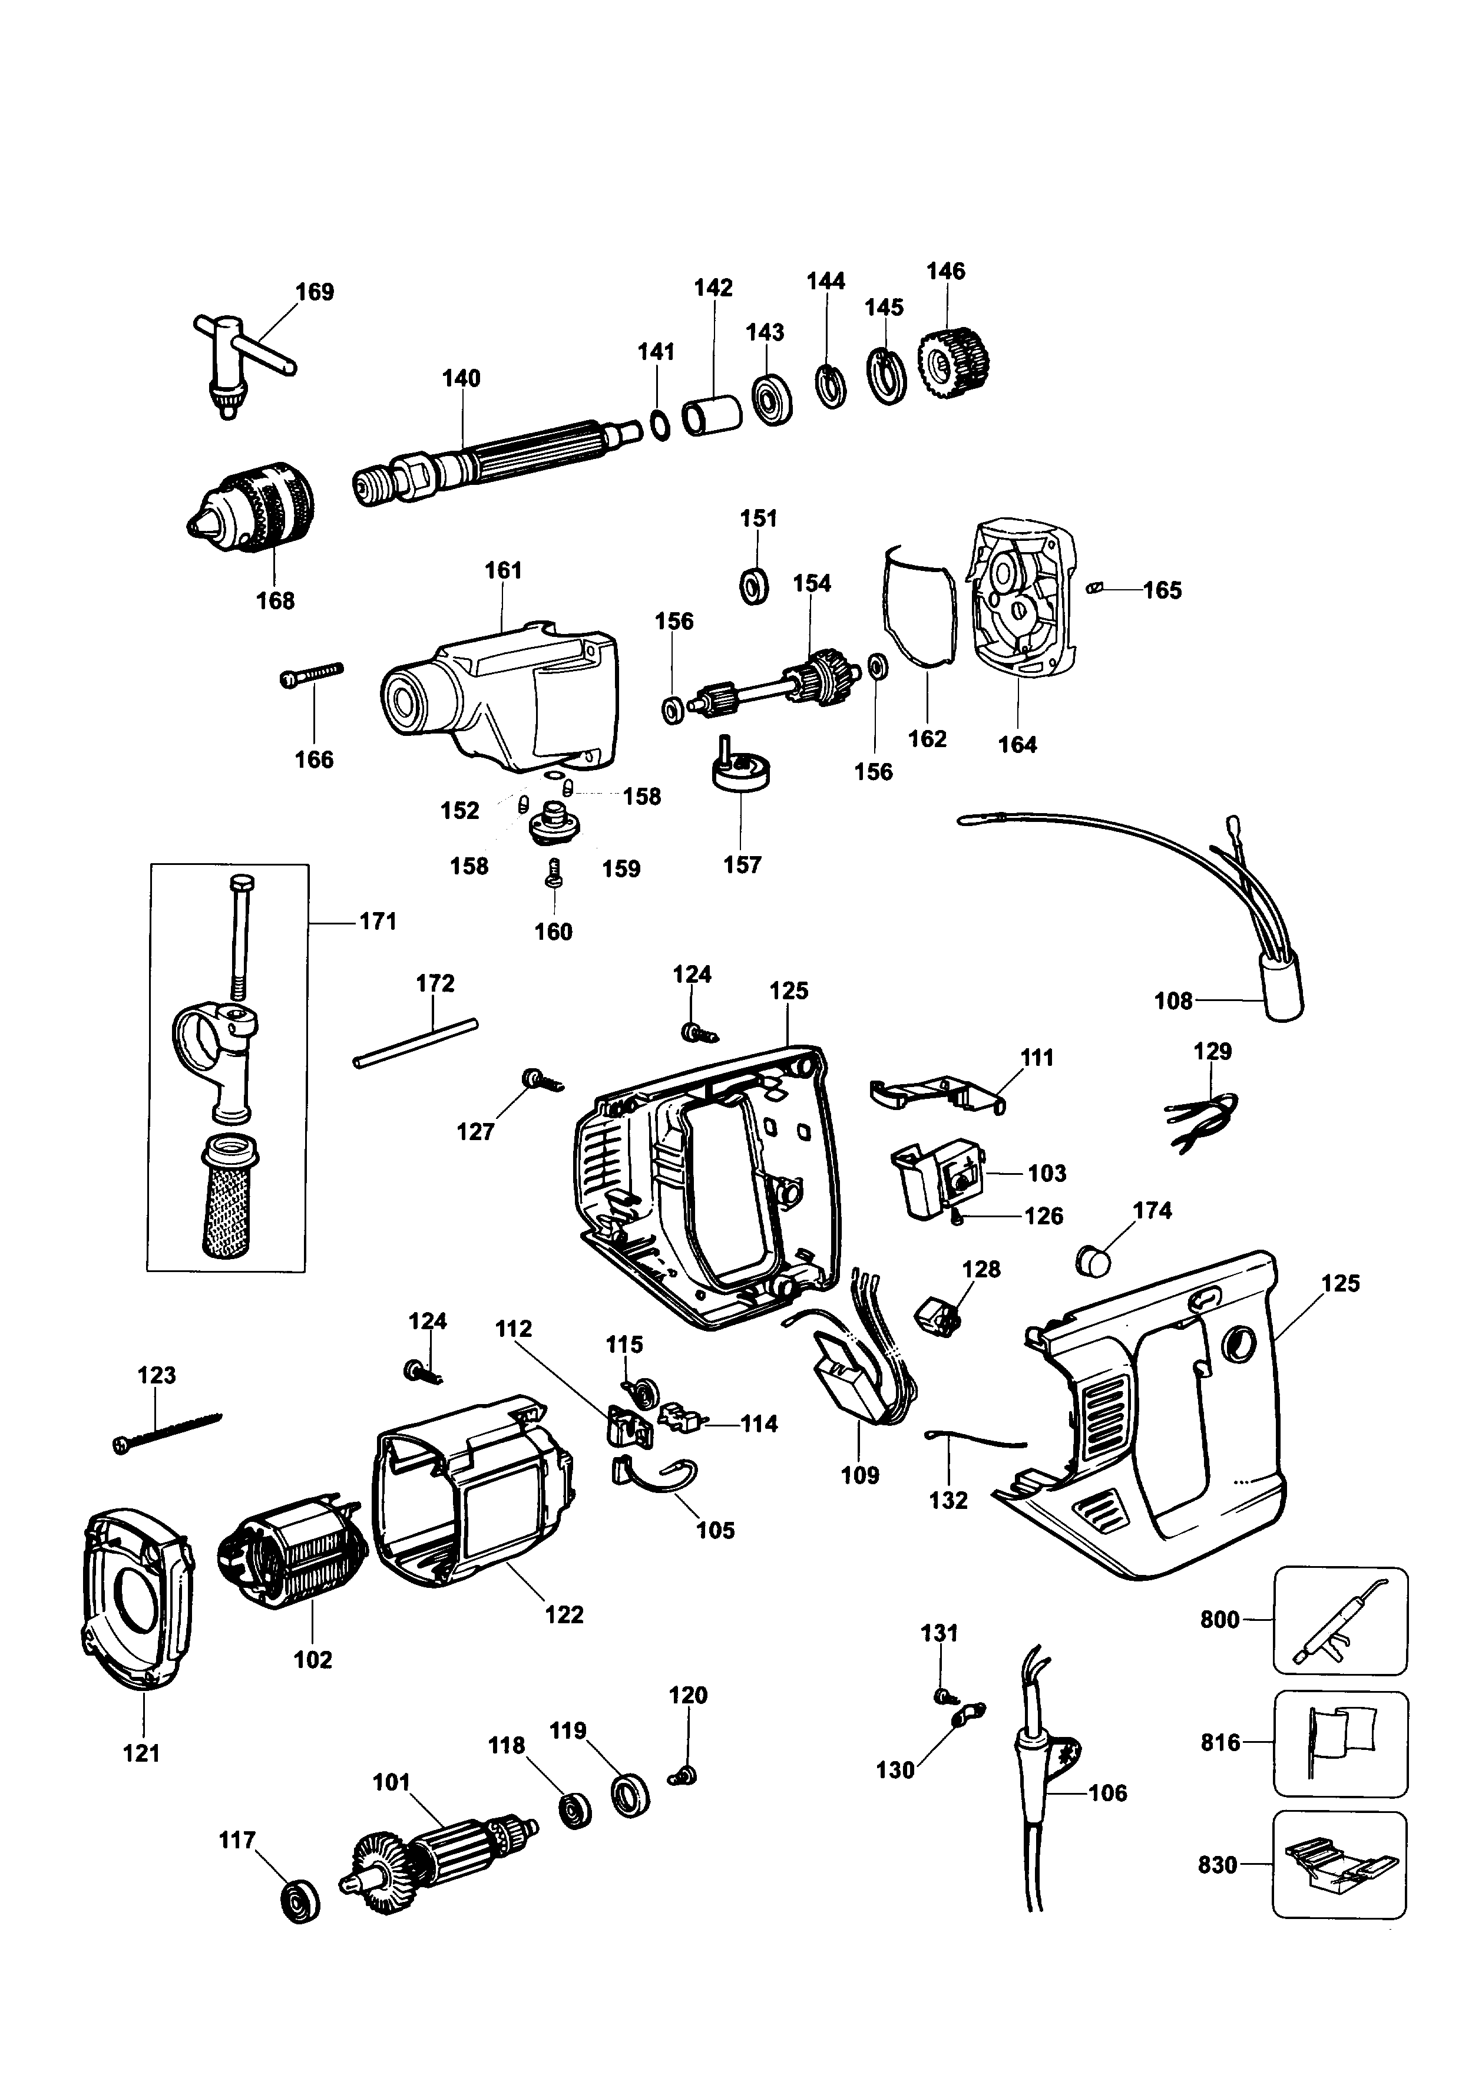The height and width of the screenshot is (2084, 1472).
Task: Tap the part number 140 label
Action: [x=461, y=378]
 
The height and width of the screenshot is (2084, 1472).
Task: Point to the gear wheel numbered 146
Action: [x=953, y=364]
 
